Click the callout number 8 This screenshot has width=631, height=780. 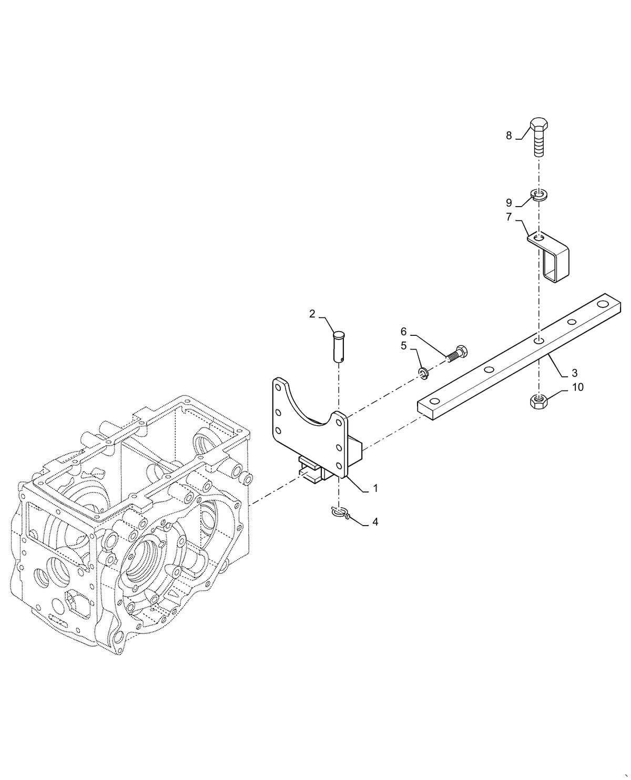(508, 136)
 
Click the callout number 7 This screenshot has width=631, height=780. (508, 217)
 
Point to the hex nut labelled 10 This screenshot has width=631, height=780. (538, 403)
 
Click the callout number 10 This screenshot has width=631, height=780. (577, 387)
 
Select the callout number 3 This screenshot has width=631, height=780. (574, 373)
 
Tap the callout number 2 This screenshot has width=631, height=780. (312, 314)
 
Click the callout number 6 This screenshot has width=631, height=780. (404, 331)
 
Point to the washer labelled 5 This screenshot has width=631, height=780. (424, 373)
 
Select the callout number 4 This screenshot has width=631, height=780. (374, 522)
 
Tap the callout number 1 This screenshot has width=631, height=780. (375, 488)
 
